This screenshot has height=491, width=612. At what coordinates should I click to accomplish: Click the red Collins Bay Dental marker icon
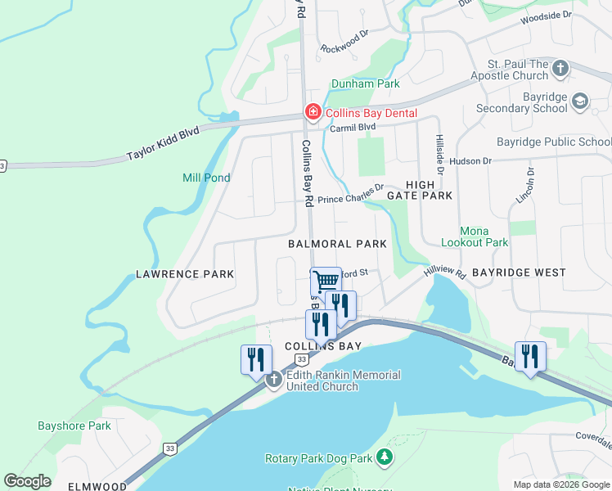[x=312, y=112]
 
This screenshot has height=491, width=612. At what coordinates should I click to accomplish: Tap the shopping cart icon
[x=326, y=282]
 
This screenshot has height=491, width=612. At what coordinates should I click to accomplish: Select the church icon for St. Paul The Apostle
[x=560, y=68]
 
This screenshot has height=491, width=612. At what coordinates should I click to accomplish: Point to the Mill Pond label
[x=206, y=178]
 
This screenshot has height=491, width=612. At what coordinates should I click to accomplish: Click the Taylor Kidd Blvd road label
[x=164, y=148]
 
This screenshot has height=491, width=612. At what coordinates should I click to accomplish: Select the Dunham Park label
[x=365, y=83]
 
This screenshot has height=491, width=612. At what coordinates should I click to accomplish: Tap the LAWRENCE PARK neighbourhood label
[x=185, y=274]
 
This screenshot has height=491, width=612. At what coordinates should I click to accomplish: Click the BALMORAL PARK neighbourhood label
[x=337, y=244]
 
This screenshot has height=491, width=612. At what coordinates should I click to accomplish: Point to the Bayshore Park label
[x=74, y=426]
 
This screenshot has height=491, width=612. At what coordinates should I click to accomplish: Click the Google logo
[x=27, y=481]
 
